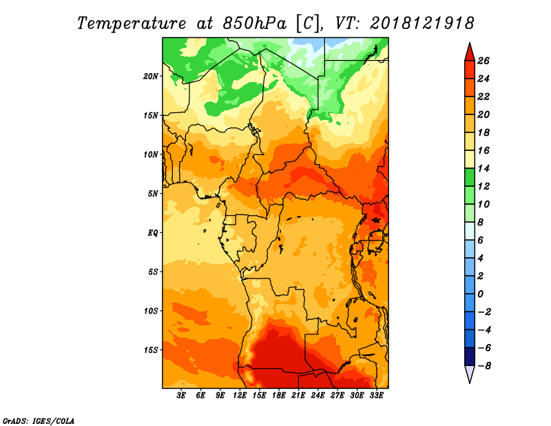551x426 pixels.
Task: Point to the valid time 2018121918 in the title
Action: [422, 23]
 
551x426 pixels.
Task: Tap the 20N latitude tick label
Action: [151, 76]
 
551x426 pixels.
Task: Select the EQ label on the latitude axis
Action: [153, 232]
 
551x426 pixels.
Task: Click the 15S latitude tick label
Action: [151, 349]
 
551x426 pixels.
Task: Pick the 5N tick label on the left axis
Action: [153, 194]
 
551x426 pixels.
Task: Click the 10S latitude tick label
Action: [151, 311]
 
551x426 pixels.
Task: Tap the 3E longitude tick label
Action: [182, 396]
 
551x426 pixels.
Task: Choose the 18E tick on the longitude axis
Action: [280, 396]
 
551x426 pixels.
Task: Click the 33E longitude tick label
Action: [377, 396]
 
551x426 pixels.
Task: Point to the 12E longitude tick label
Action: [240, 396]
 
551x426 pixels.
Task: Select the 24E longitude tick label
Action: [318, 396]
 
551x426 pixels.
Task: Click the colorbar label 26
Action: [483, 61]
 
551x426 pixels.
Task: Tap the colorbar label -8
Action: [484, 365]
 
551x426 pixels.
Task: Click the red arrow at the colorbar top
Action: [468, 51]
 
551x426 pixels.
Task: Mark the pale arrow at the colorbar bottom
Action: [468, 374]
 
